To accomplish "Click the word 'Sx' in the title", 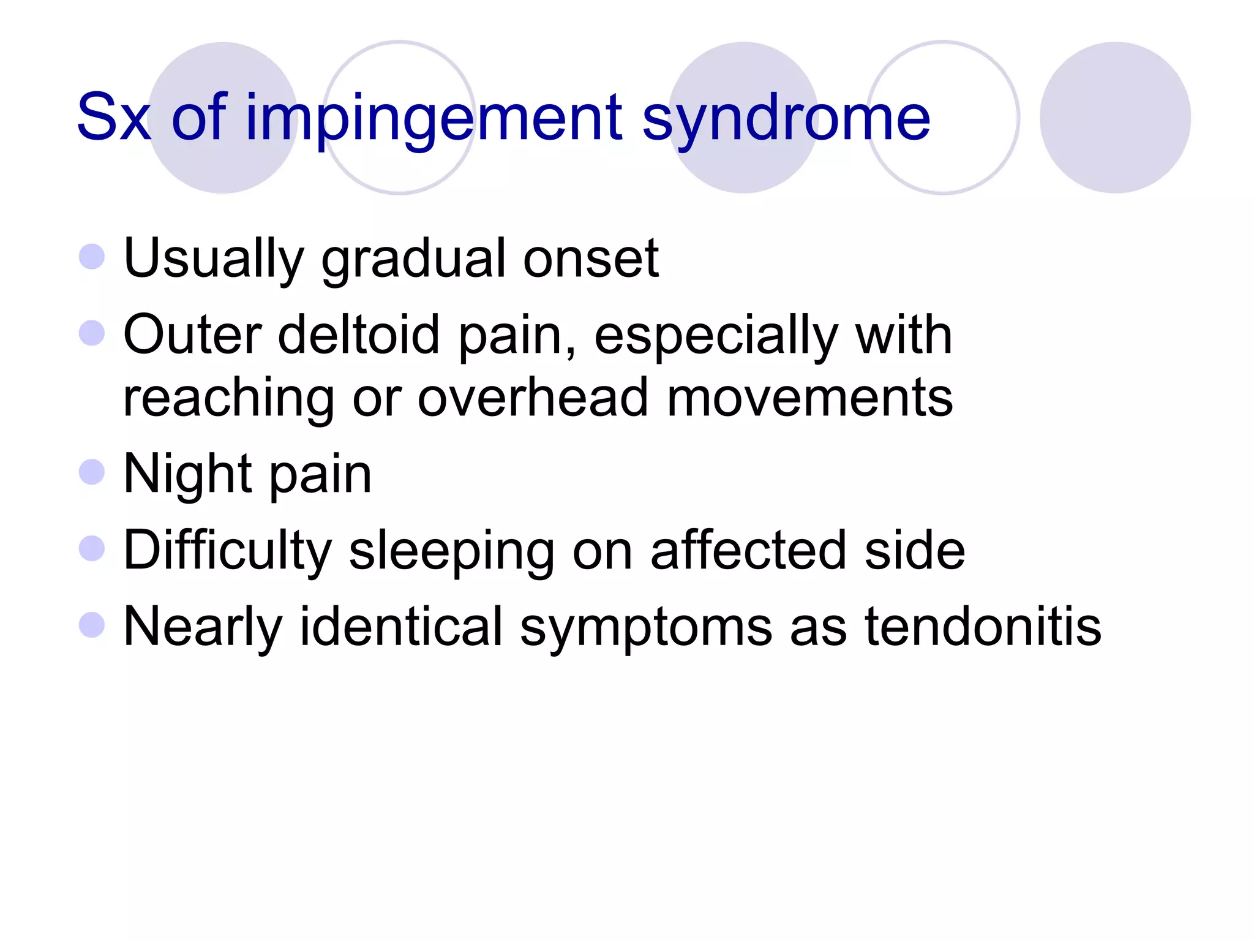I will [x=113, y=117].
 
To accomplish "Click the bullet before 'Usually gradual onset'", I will [x=92, y=257].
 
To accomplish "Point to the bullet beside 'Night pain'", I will [x=92, y=472].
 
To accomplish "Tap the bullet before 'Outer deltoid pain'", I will [x=92, y=333].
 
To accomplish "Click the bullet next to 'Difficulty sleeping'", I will [x=92, y=549].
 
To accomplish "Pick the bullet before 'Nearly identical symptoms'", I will [x=92, y=625].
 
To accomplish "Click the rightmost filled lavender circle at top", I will [x=1115, y=118].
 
